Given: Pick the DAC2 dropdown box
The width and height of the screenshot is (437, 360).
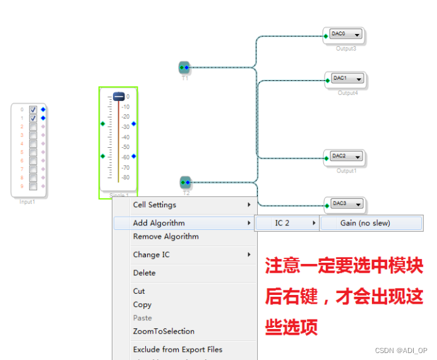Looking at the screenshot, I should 347,157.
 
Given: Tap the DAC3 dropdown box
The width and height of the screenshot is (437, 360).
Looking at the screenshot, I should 347,204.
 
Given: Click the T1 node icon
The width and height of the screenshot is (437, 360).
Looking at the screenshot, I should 184,67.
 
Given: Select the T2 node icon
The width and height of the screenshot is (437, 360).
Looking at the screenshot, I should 185,183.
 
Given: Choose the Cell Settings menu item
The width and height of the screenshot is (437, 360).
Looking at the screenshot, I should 155,205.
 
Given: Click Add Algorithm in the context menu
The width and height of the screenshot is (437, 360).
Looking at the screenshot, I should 159,223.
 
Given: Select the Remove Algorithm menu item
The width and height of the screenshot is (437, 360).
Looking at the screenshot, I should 165,237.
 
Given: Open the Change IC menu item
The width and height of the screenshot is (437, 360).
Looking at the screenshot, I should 152,255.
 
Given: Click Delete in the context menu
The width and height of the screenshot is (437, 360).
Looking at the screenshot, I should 144,273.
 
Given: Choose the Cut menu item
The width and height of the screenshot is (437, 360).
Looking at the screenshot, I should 139,291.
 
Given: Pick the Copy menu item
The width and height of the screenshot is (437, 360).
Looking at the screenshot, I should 141,304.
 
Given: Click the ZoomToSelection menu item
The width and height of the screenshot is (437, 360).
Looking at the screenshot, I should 164,331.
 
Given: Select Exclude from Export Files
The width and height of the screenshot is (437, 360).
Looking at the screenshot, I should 177,349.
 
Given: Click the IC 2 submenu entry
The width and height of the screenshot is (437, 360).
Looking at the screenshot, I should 282,223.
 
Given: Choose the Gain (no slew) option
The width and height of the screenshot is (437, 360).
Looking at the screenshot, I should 365,223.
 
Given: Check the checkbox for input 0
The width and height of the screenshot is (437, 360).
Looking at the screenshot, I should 33,110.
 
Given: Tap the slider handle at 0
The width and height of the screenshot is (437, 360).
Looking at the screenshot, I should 118,97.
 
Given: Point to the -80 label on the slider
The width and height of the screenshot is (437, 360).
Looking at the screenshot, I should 125,177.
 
